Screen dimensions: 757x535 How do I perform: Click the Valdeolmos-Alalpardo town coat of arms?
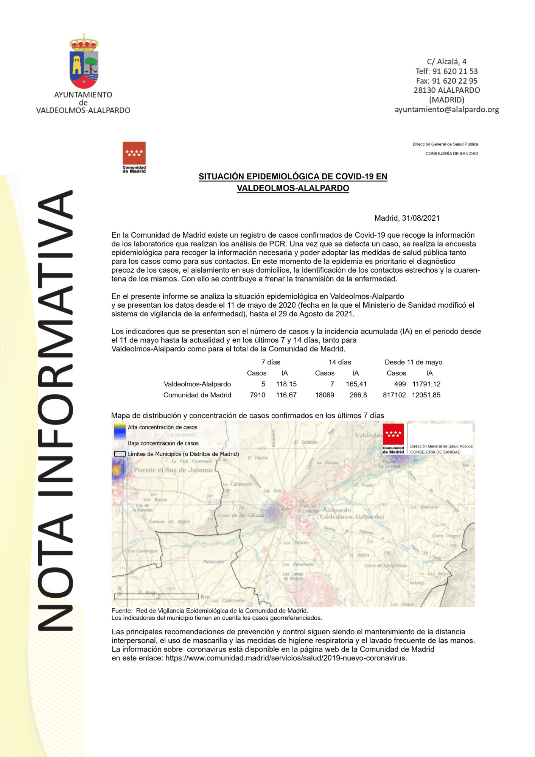(84, 61)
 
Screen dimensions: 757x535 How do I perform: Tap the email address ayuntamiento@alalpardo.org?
(446, 110)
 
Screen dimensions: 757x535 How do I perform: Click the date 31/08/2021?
(421, 218)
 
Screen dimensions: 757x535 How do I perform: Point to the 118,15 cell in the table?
(286, 384)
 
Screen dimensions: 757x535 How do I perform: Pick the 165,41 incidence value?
(356, 384)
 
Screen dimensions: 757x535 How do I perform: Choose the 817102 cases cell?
(394, 395)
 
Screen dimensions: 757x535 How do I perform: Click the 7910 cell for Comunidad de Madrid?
(257, 395)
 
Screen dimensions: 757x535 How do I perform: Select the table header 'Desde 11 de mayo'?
(413, 362)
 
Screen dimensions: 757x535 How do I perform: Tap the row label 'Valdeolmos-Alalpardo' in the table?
(197, 384)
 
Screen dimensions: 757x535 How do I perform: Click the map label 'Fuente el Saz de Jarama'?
(173, 470)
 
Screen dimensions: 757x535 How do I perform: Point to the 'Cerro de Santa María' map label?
(385, 565)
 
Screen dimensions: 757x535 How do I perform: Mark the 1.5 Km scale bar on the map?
(156, 597)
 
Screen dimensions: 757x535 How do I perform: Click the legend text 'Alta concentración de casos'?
(162, 427)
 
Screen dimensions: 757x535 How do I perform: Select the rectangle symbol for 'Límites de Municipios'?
(120, 454)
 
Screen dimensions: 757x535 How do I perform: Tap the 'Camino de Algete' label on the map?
(169, 522)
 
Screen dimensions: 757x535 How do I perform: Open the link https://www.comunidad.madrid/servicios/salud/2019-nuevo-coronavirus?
(286, 658)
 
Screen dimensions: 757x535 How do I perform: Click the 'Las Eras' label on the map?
(272, 491)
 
